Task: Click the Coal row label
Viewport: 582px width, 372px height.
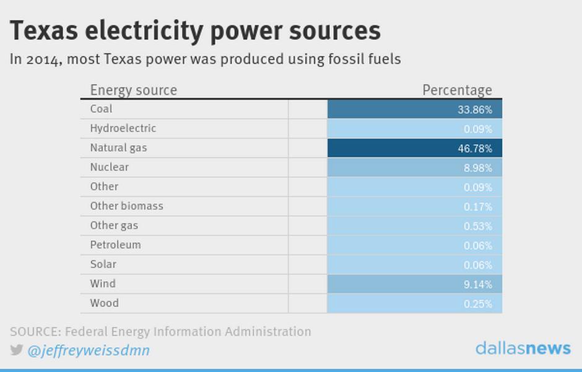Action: [x=101, y=109]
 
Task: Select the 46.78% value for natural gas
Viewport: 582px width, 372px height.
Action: [x=475, y=149]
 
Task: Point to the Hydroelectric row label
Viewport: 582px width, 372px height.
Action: [x=123, y=128]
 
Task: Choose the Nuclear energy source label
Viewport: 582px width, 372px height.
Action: [x=110, y=167]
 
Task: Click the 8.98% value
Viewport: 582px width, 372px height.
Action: [x=478, y=168]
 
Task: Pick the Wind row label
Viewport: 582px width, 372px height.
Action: [x=103, y=283]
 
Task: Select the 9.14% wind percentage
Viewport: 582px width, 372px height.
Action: [x=478, y=285]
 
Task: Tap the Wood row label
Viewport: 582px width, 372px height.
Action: [x=104, y=303]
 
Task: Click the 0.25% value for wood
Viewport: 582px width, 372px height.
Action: [x=478, y=304]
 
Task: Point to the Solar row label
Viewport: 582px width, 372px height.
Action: [x=103, y=264]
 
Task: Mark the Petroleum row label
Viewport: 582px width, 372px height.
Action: [x=115, y=245]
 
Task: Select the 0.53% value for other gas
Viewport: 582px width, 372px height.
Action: [x=478, y=226]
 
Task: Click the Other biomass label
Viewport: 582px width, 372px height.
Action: [x=126, y=206]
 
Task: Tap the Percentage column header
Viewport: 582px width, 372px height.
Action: [x=458, y=91]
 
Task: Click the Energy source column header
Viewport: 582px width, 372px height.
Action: [x=134, y=91]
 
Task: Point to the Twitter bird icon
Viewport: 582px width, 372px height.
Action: [x=16, y=350]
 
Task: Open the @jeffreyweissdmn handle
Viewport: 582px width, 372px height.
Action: [x=89, y=350]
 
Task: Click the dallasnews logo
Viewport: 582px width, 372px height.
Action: [x=523, y=348]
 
